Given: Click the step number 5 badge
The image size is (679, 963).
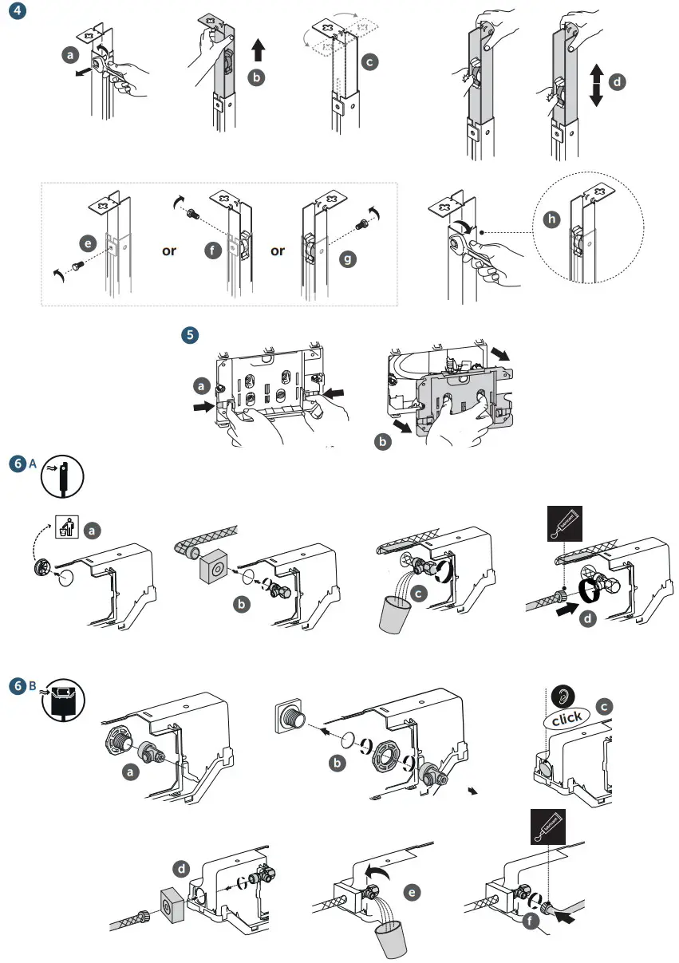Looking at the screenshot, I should pos(189,335).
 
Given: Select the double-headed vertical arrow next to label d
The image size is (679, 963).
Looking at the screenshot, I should pos(595,86).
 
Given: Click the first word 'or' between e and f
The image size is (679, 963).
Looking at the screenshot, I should pos(168,251).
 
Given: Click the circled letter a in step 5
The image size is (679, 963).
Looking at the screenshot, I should pos(203,385).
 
